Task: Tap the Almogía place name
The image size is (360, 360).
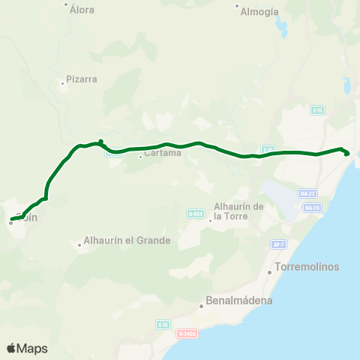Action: [260, 11]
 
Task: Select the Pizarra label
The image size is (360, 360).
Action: [82, 79]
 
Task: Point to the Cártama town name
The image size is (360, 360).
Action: [163, 153]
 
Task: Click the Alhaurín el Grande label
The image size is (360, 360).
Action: [127, 241]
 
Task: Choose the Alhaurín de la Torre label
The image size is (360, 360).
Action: [238, 211]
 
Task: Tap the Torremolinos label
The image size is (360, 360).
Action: [307, 267]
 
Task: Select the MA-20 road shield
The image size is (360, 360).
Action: [312, 207]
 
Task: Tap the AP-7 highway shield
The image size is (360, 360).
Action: [279, 244]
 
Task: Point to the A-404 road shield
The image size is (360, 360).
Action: [195, 214]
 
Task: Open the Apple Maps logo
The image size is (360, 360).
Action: [27, 348]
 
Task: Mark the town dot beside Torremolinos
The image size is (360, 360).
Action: [270, 271]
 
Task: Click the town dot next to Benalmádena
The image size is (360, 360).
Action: [202, 305]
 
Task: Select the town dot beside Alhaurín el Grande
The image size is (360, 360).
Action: [80, 244]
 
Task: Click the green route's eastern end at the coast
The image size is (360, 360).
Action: [346, 154]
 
